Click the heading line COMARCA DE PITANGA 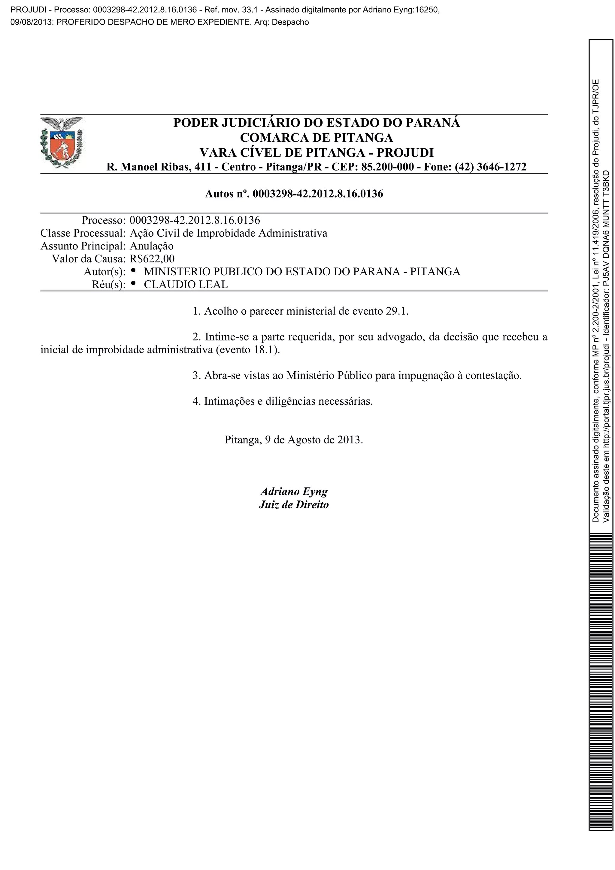317,137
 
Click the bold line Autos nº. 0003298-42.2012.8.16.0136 294,194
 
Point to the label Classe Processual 83,233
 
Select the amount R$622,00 152,259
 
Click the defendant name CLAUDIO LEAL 186,285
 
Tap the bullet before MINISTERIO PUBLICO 133,270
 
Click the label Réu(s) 108,285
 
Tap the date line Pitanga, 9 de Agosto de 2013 294,440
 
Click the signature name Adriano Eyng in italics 294,491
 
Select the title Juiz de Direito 294,505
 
